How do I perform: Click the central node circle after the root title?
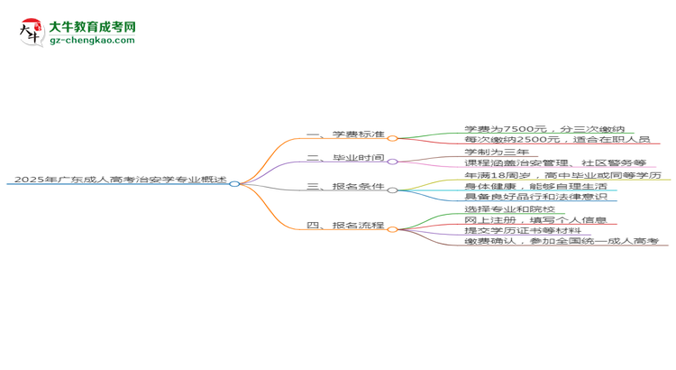point(234,184)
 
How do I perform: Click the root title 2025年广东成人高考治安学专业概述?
point(120,180)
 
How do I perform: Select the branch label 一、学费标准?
point(345,134)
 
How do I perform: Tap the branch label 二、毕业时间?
point(345,158)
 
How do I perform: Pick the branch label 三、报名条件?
point(345,186)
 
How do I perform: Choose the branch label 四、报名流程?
point(345,225)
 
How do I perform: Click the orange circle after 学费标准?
point(392,139)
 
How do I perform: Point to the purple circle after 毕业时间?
point(392,162)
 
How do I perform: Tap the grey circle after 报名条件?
point(392,190)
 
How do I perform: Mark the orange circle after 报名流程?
point(392,230)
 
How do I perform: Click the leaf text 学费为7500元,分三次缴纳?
point(544,129)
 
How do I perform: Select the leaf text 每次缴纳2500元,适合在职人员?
point(557,140)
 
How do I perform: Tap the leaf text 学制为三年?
point(497,152)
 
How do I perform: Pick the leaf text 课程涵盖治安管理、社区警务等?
point(555,162)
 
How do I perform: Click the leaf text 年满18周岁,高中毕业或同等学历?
point(562,175)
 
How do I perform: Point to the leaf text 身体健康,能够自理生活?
point(536,186)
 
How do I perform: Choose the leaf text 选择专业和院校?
point(509,209)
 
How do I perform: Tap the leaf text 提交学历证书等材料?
point(523,230)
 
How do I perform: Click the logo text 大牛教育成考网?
point(92,27)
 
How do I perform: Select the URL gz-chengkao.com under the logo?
point(92,40)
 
